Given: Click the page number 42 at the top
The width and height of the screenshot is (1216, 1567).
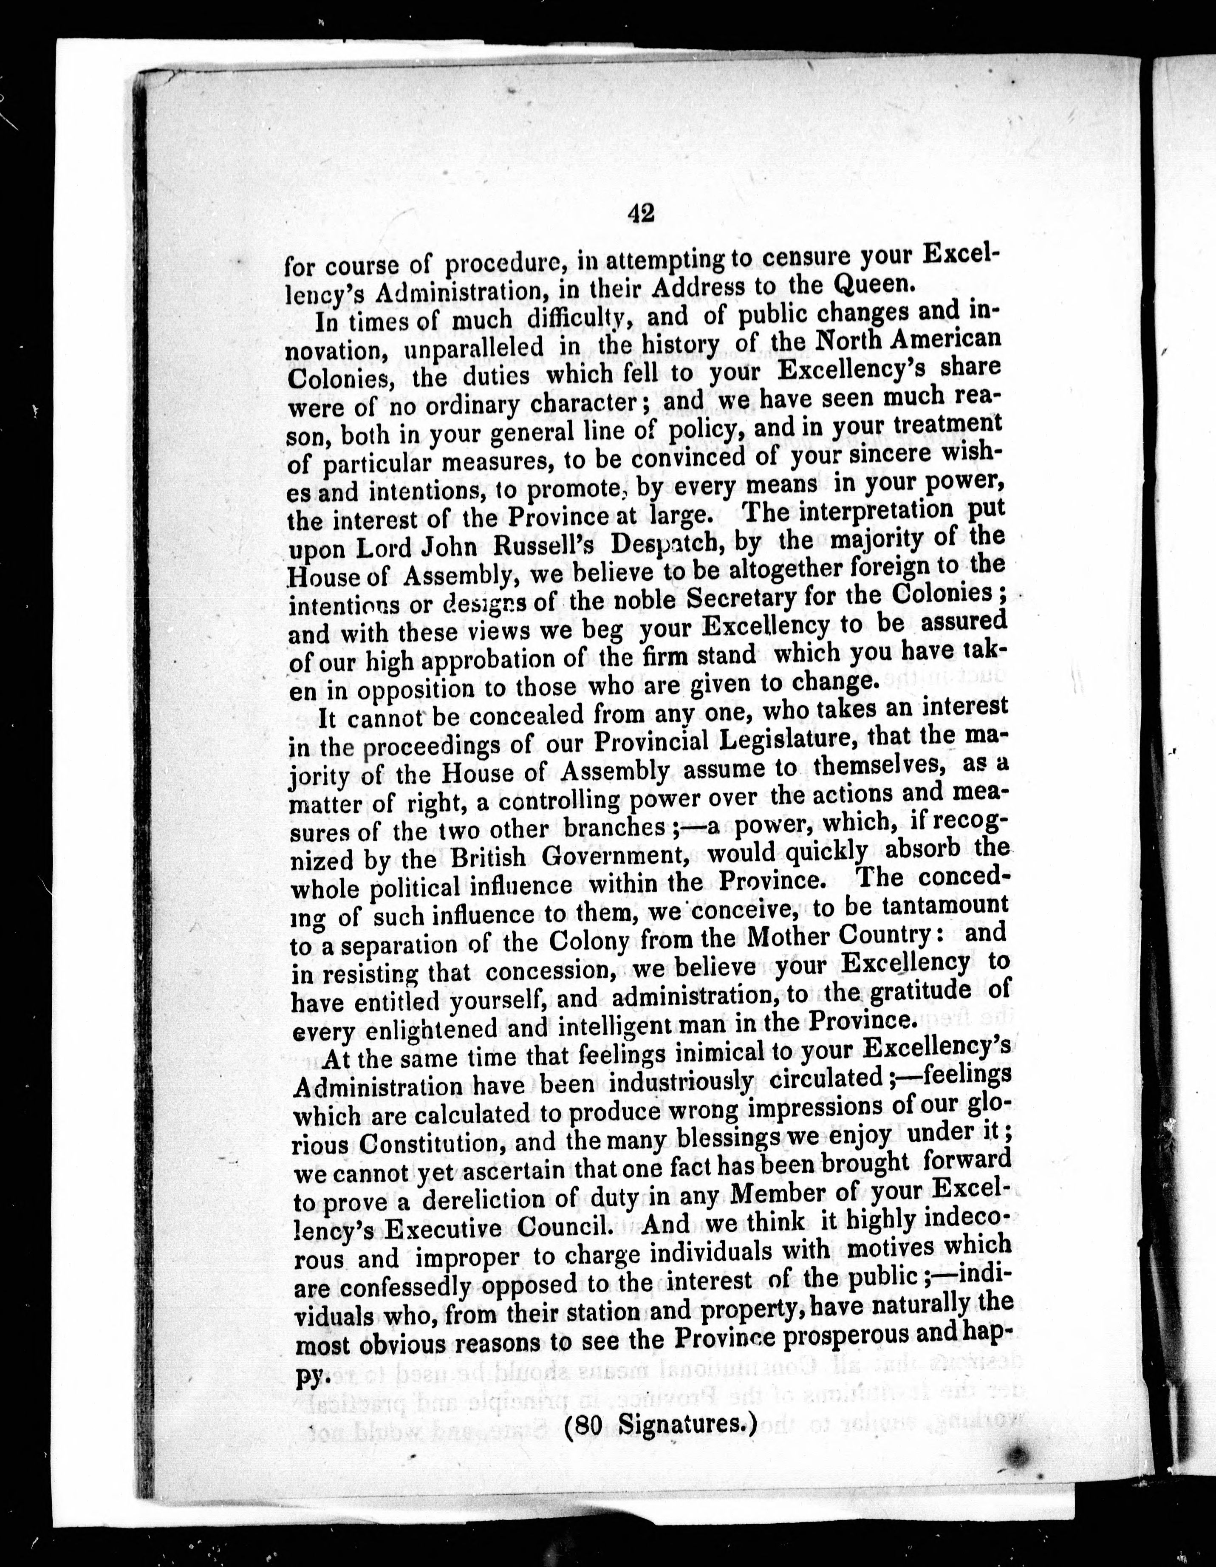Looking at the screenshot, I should [639, 213].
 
